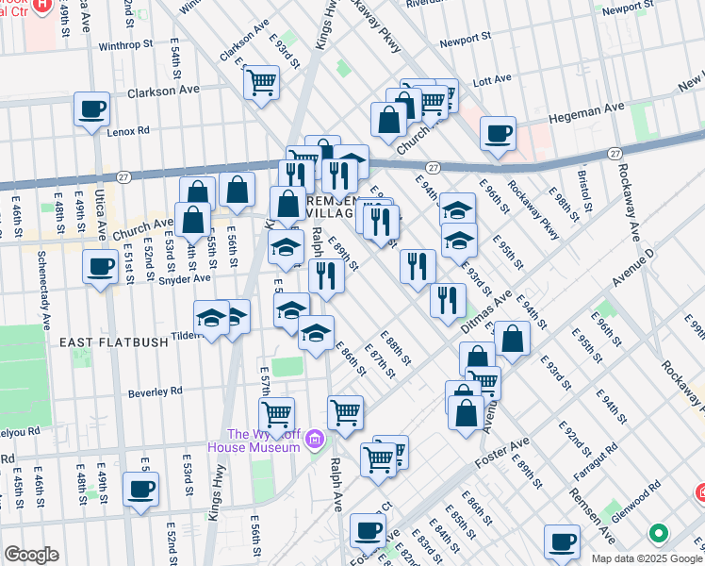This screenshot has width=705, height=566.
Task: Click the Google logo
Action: (x=31, y=555)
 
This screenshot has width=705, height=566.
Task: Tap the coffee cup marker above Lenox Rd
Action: (x=92, y=109)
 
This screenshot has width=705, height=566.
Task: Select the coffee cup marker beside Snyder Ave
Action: (x=100, y=266)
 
